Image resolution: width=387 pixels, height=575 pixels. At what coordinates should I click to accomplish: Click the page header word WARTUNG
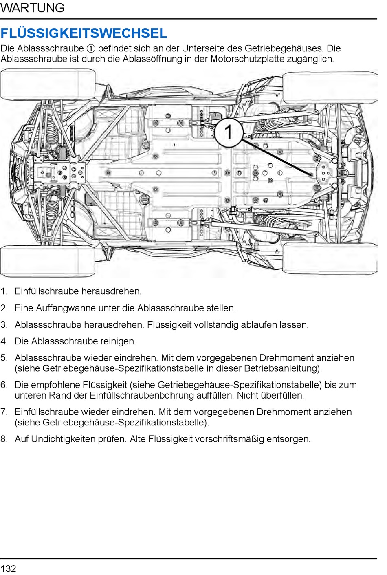(33, 8)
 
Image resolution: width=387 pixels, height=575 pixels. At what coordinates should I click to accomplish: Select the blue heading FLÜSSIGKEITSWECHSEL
(84, 33)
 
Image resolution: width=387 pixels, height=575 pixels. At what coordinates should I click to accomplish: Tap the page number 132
(9, 568)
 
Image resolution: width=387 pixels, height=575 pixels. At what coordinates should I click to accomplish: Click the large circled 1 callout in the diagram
(229, 132)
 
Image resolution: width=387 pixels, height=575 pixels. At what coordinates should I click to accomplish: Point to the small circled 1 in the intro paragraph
(91, 48)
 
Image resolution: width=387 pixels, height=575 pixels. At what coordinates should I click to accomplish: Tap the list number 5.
(4, 358)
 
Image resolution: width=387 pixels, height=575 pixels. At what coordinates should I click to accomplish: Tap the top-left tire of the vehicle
(48, 84)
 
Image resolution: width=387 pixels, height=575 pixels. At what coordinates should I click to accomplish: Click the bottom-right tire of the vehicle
(330, 258)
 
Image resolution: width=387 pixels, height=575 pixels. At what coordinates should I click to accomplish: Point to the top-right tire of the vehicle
(330, 87)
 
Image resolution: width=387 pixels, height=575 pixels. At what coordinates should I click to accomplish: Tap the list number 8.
(4, 439)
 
